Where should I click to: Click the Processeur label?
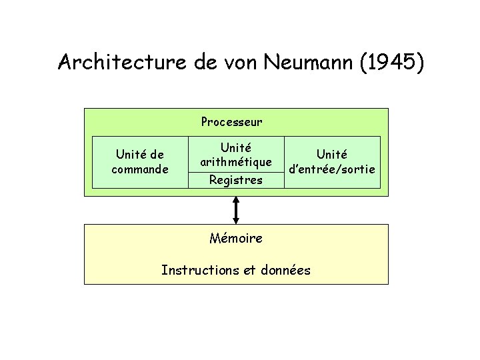[231, 122]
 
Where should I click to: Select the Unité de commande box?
[139, 163]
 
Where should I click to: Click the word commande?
[139, 169]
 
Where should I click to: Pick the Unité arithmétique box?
[235, 155]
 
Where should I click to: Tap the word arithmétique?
[235, 162]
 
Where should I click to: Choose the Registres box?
[235, 180]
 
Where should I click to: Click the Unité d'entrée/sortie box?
[332, 163]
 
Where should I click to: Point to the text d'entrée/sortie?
[332, 169]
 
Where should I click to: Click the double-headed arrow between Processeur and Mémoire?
[236, 210]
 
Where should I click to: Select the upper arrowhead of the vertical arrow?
[236, 201]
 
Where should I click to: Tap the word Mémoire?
[235, 238]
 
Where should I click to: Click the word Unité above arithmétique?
[235, 148]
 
